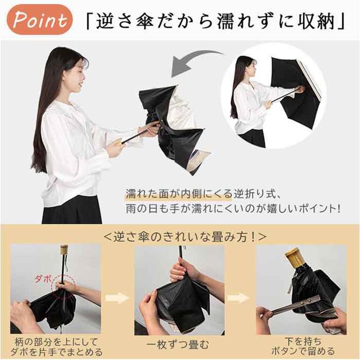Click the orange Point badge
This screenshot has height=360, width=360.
pos(39,20)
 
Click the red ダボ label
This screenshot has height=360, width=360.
pos(42,279)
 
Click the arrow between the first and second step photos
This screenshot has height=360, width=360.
pos(117,298)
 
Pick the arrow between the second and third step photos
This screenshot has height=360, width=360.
pos(239,298)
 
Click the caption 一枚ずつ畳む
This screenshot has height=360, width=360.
pos(178,345)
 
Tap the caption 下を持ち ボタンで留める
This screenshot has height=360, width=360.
pos(303,346)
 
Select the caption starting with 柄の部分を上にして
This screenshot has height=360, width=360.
pos(56,347)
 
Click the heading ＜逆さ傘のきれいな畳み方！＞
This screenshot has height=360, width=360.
pos(185,236)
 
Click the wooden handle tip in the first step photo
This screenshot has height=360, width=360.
pos(64,249)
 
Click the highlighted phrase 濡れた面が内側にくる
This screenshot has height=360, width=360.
pos(179,194)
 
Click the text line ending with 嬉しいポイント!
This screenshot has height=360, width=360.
pos(233,209)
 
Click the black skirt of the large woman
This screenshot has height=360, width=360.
pos(72,210)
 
